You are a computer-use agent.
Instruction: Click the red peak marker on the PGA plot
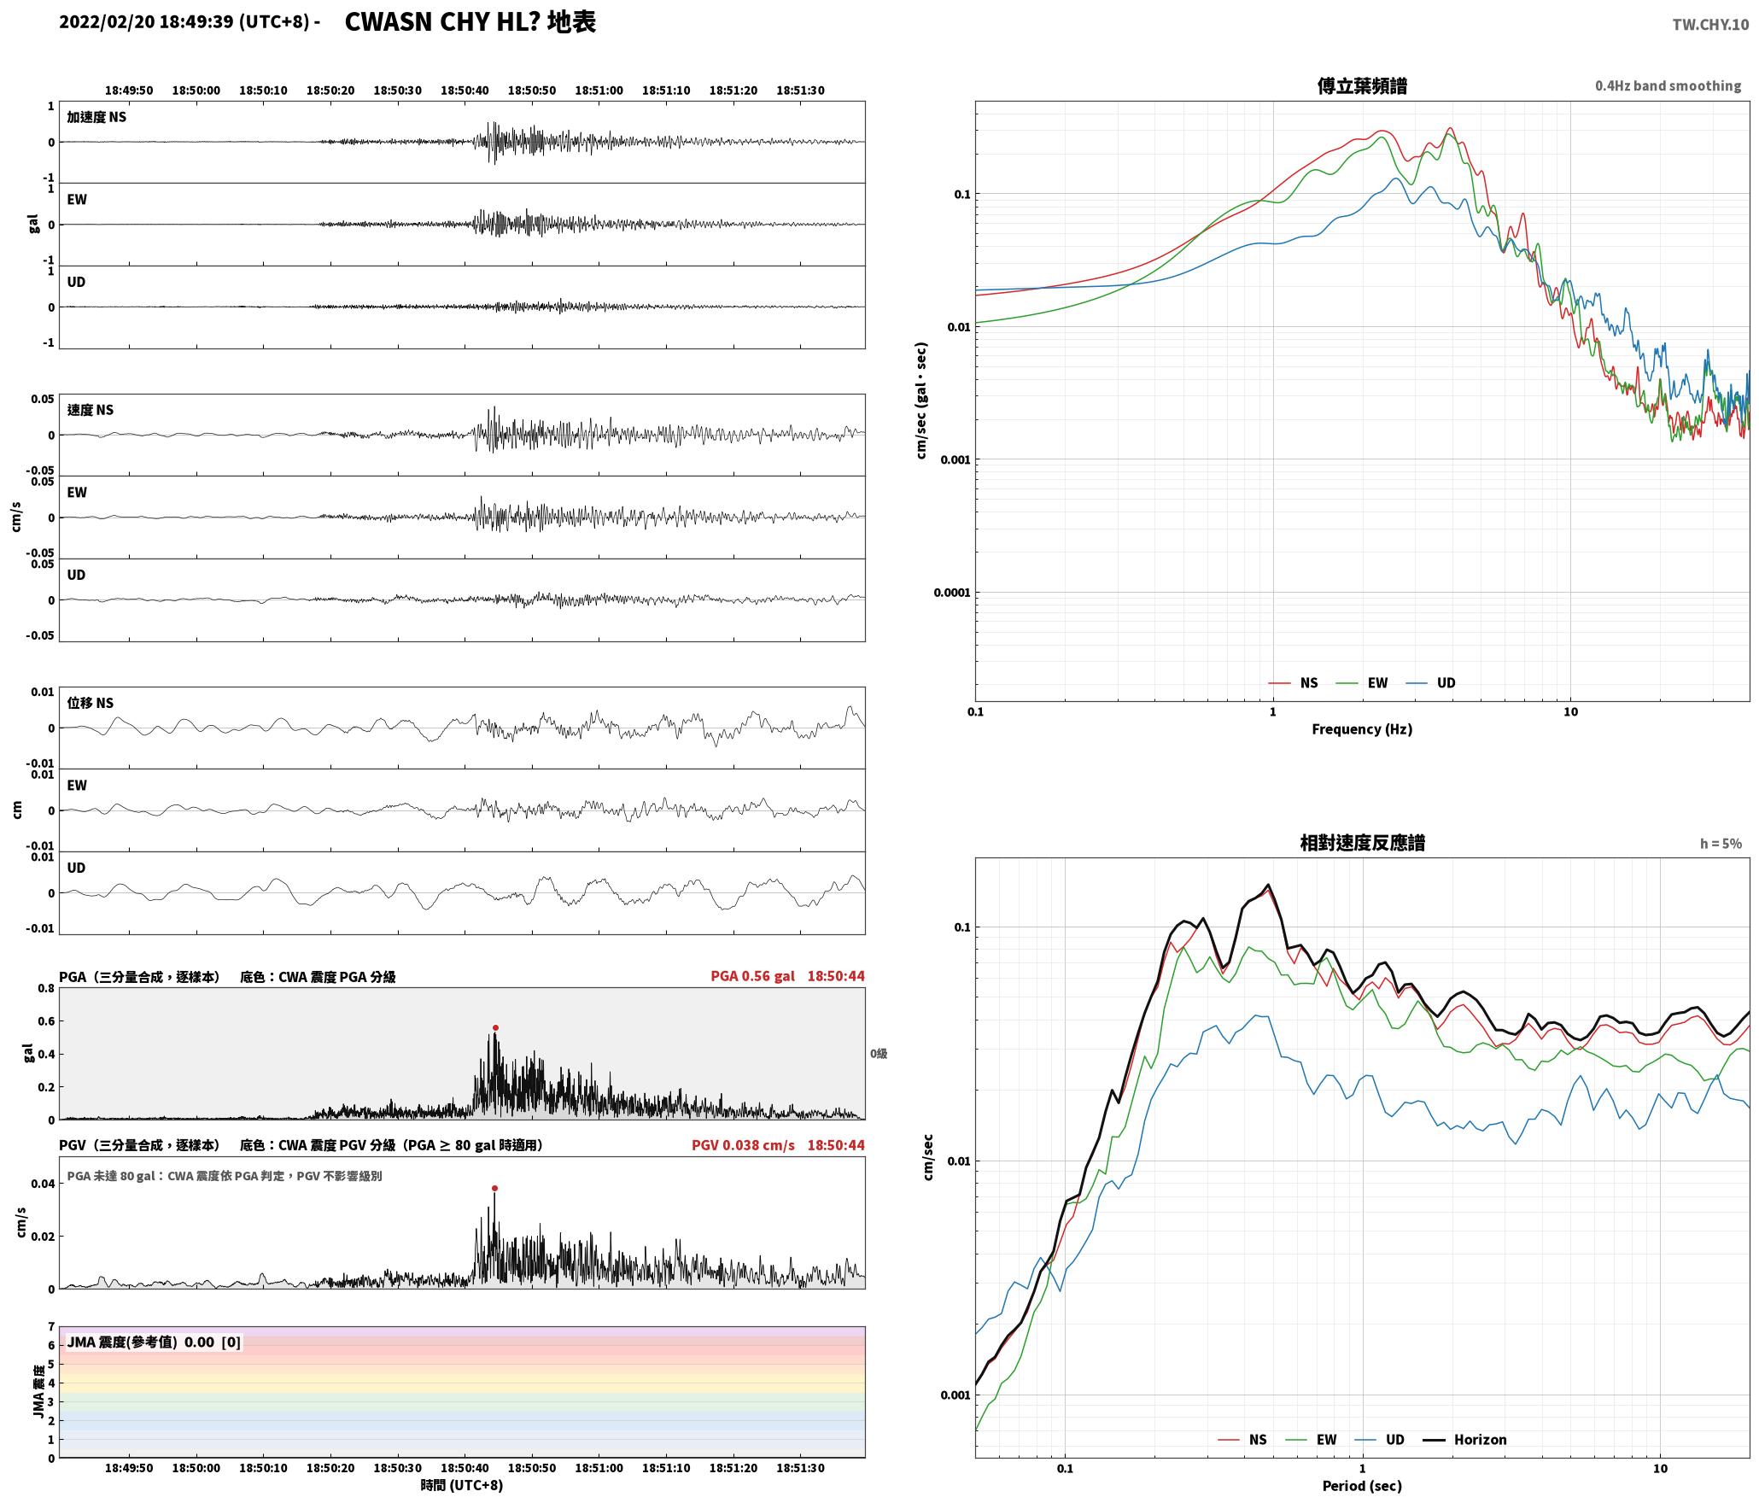pos(495,1028)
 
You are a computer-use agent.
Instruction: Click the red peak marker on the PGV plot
pos(494,1188)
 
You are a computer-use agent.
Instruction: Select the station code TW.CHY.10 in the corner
pos(1710,25)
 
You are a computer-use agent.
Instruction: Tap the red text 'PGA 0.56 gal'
pos(752,976)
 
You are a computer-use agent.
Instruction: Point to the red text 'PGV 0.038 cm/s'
pos(743,1145)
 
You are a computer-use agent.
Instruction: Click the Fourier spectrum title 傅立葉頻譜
pos(1362,86)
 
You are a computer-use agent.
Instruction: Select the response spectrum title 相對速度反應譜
pos(1362,843)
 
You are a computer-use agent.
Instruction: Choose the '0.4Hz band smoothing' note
pos(1668,86)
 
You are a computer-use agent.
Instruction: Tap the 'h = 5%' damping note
pos(1721,844)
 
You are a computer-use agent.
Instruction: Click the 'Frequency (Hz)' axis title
pos(1362,729)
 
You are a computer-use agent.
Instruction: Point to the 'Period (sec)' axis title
pos(1362,1486)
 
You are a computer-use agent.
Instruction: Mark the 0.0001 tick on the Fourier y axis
pos(951,593)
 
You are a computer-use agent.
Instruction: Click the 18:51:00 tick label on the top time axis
pos(599,91)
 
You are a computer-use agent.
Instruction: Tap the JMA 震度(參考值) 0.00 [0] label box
pos(154,1342)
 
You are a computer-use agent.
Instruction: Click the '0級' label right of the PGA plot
pos(879,1054)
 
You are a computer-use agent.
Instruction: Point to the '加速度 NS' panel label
pos(96,117)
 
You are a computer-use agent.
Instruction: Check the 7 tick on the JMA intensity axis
pos(51,1327)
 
